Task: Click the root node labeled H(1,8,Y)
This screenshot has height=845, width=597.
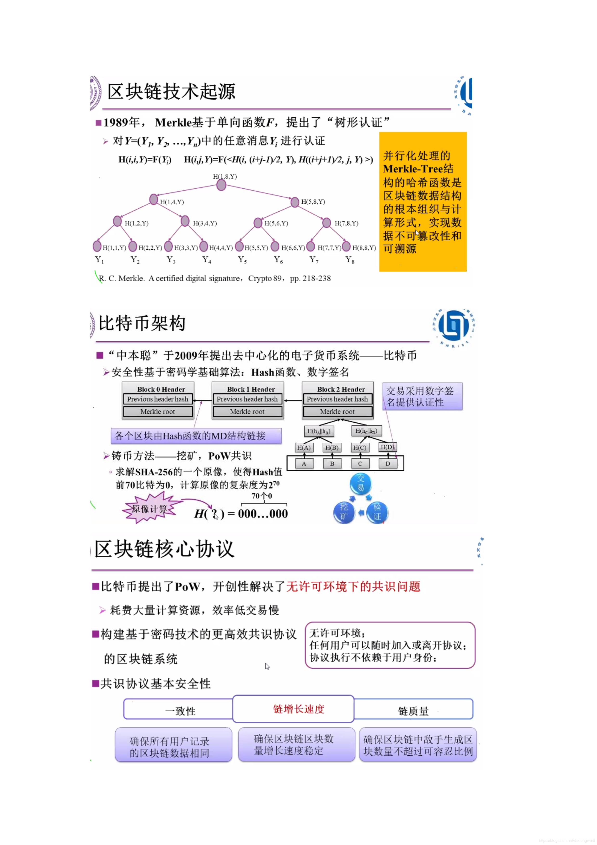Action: (221, 185)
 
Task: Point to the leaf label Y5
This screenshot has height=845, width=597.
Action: (242, 260)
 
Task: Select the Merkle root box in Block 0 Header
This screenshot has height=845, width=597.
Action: (158, 412)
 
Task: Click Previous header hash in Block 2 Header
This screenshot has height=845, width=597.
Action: (337, 399)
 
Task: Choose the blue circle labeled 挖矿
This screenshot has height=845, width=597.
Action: (344, 512)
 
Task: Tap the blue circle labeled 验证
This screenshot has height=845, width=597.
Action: (377, 512)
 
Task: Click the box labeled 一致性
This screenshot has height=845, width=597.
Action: (180, 711)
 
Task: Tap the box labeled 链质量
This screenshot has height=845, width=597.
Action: (413, 711)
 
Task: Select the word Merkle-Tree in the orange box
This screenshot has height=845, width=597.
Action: (413, 169)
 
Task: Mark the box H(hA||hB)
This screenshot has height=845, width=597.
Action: (319, 431)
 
